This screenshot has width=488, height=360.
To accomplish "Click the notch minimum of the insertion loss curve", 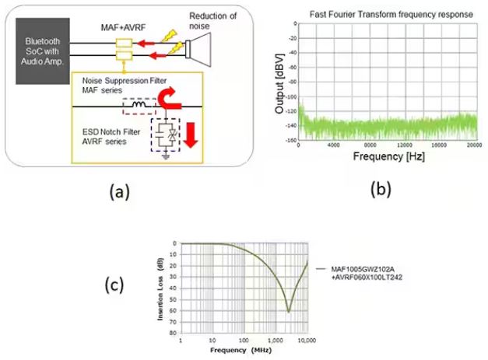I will pyautogui.click(x=288, y=311).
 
